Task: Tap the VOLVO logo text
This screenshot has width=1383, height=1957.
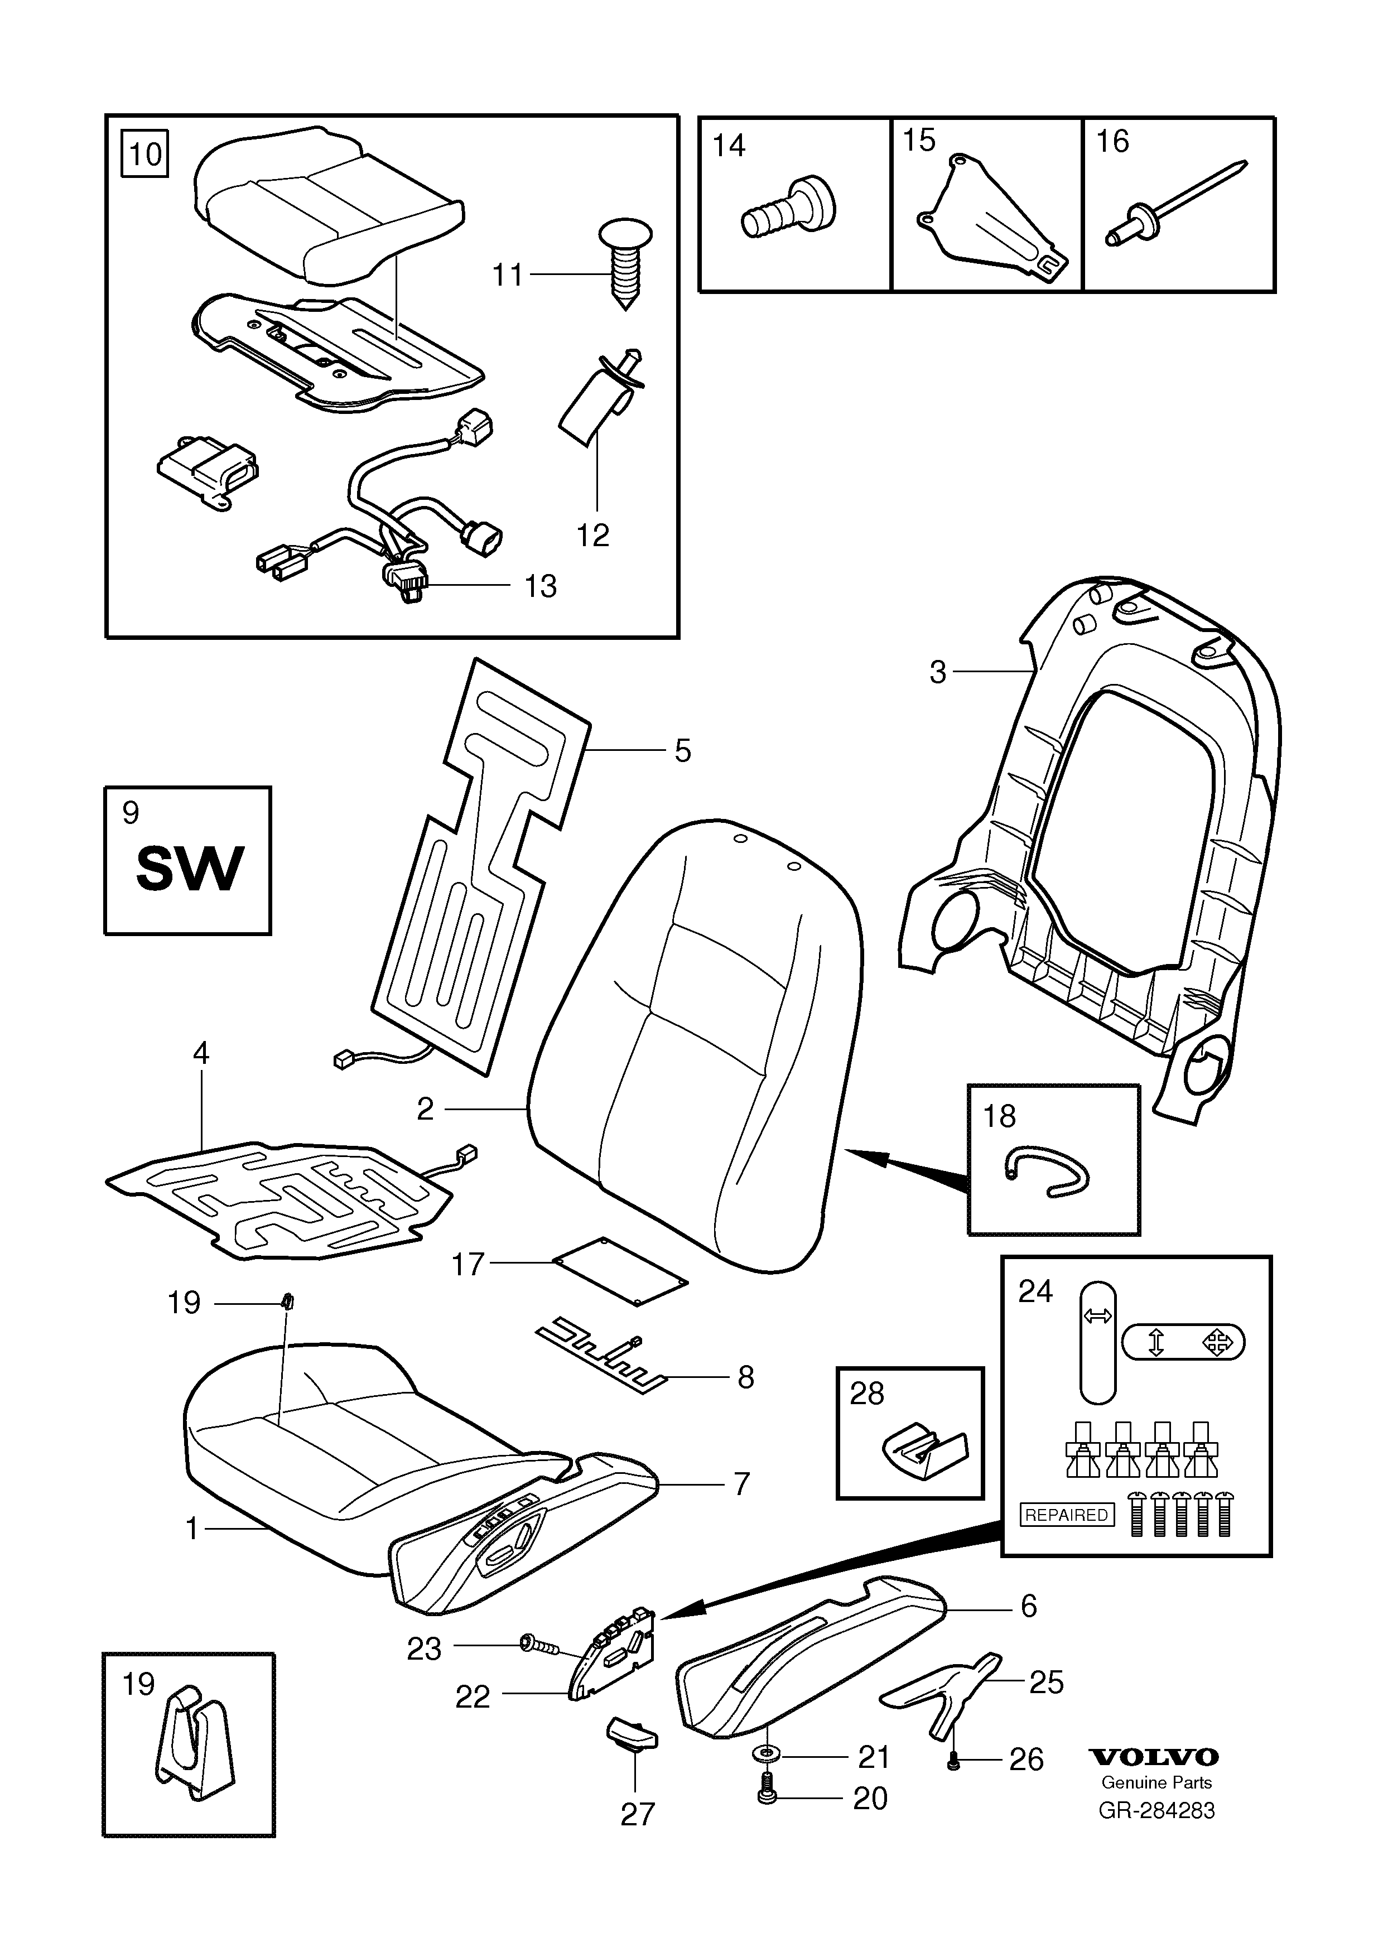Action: [1155, 1757]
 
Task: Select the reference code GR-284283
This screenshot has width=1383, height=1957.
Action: [1156, 1810]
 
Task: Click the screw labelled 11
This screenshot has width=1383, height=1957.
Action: [625, 263]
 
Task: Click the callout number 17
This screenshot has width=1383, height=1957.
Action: [468, 1264]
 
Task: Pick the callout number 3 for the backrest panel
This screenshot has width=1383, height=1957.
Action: [937, 672]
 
